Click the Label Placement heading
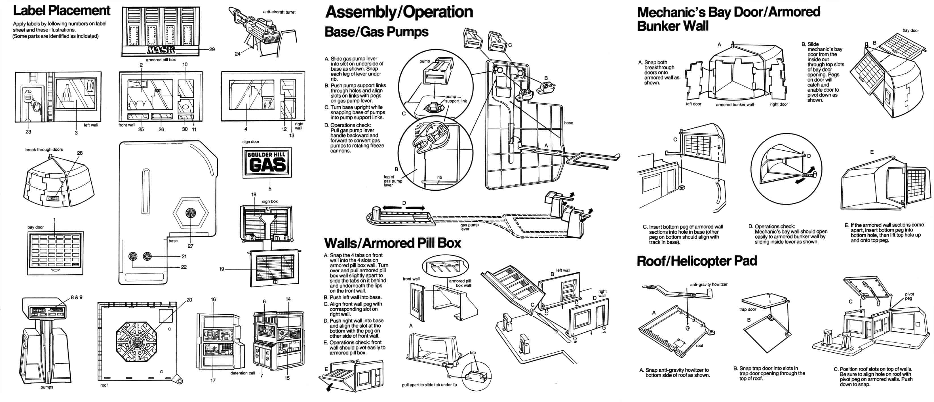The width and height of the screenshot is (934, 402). pos(61,10)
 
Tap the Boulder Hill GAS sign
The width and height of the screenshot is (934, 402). pos(267,162)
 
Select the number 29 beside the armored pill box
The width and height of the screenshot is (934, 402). pos(212,49)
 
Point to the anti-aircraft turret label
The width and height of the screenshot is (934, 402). pos(279,12)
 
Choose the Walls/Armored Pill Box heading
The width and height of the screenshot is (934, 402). pos(392,243)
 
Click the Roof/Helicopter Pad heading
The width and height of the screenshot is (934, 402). pos(697,261)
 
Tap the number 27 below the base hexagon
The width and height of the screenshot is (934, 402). pos(190,246)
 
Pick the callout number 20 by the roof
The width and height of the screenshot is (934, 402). pos(189,300)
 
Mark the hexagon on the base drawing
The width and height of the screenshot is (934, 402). pos(190,213)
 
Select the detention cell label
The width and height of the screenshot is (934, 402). pos(243,373)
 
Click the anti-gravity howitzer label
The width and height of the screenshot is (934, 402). pos(709,285)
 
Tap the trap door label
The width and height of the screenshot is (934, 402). pos(748,310)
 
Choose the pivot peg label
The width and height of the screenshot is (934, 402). pos(909,296)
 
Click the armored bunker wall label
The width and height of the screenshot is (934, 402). pos(735,105)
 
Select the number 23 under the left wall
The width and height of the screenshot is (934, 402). pos(28,132)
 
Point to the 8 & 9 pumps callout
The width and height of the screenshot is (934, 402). pos(77,297)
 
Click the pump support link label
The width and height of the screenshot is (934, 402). pos(456,99)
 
